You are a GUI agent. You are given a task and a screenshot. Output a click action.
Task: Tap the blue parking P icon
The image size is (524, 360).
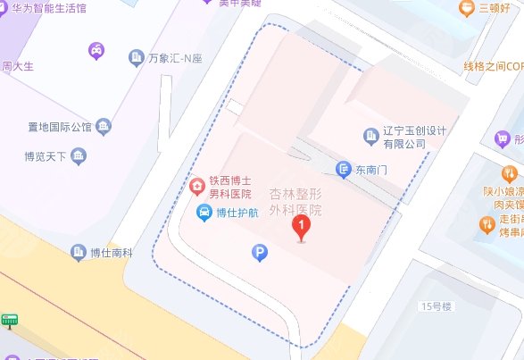click(259, 255)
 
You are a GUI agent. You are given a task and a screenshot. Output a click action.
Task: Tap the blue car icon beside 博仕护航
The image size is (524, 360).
click(204, 213)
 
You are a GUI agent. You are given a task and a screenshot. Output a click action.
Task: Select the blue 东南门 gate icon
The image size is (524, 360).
click(344, 168)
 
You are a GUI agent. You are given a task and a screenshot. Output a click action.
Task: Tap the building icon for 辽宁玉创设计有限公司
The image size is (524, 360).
click(370, 136)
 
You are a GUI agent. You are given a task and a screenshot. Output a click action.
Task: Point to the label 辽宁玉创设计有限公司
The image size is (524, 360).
click(414, 136)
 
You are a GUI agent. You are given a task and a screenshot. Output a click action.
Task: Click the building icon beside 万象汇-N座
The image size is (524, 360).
click(136, 58)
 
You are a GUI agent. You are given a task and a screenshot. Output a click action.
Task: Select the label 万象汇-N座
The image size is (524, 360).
click(176, 59)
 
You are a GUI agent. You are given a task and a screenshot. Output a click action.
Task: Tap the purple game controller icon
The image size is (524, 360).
click(95, 51)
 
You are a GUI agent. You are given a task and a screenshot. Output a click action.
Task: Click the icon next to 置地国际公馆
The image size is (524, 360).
click(104, 126)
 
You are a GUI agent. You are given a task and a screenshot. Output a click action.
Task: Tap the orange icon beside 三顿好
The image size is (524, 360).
click(465, 9)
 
